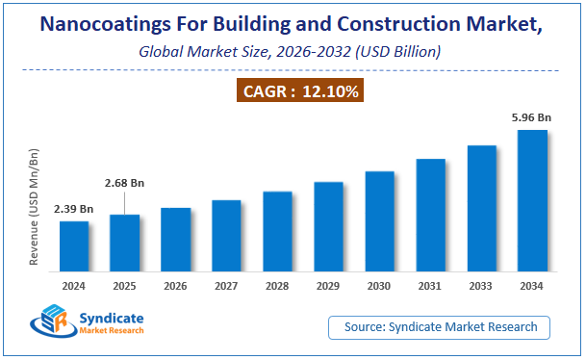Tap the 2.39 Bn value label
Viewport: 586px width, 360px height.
[73, 209]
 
